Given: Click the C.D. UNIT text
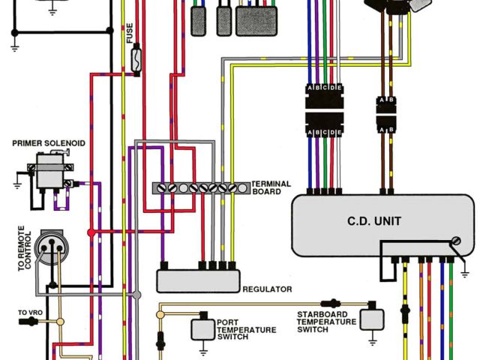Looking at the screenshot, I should pos(373,220).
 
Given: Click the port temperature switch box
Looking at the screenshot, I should pos(201,328).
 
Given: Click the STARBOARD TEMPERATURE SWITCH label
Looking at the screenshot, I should pos(325,322).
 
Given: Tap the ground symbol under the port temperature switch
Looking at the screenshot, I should pos(202,349).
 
